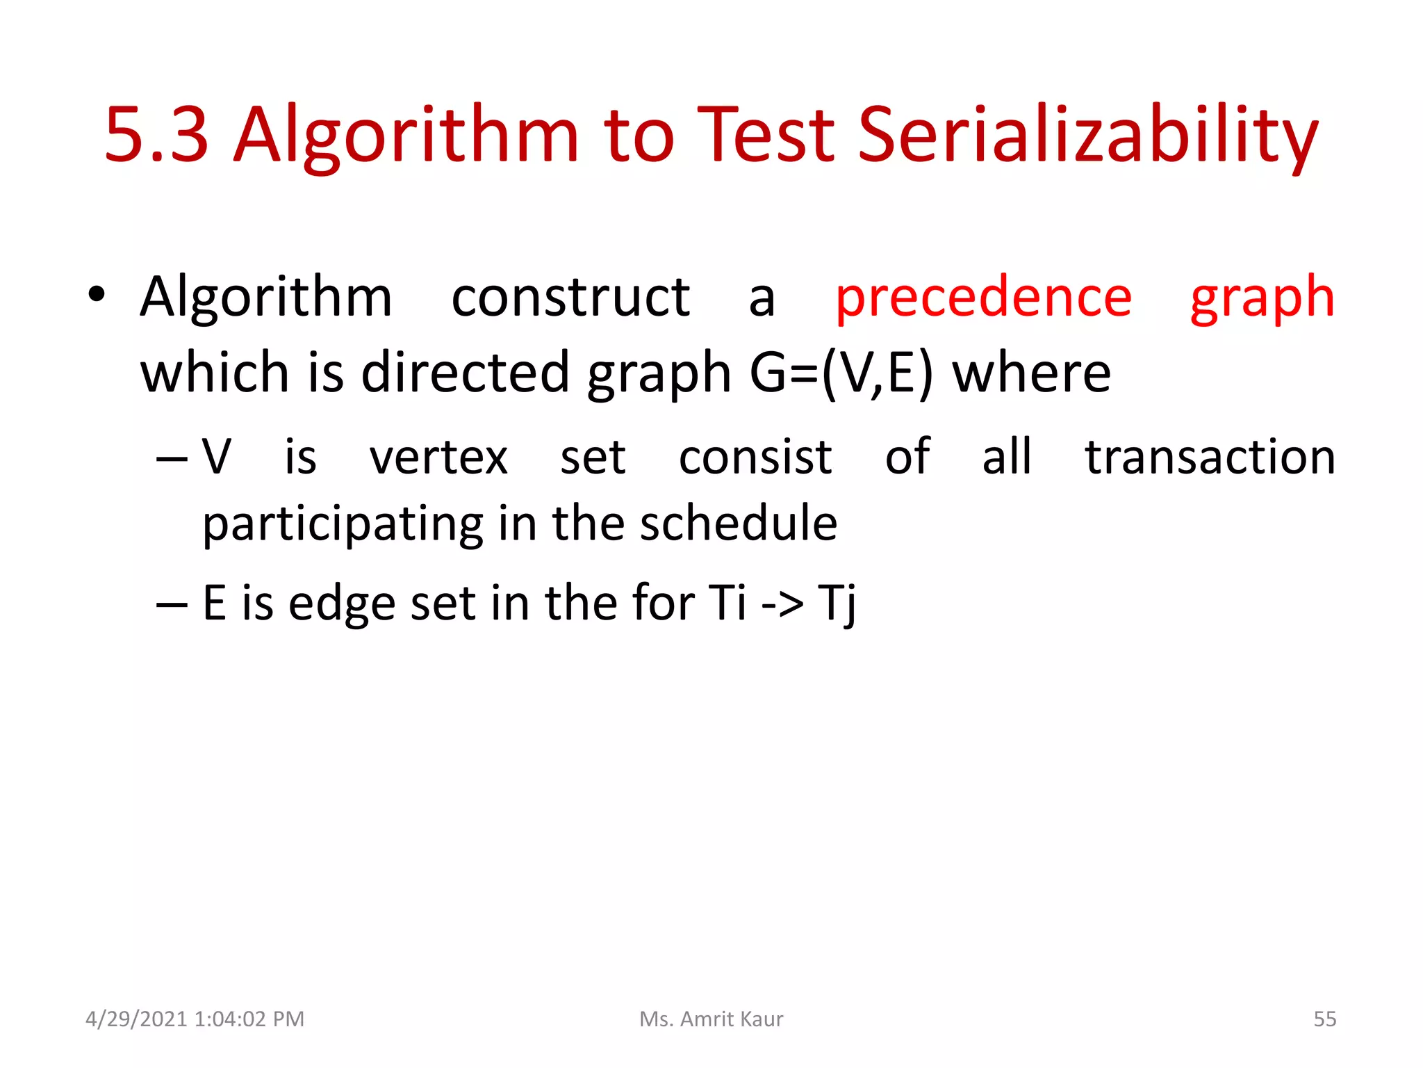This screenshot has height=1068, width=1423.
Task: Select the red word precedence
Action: click(983, 298)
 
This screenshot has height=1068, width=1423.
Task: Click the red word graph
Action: click(1262, 298)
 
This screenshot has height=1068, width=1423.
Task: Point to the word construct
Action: click(570, 298)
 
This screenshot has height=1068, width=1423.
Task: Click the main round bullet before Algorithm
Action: click(97, 295)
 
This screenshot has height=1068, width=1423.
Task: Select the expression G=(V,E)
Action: click(841, 373)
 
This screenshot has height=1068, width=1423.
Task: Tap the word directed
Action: click(465, 373)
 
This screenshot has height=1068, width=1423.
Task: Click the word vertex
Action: click(438, 458)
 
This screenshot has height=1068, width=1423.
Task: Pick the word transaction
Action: click(1210, 458)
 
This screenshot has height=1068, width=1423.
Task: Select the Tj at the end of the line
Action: click(837, 603)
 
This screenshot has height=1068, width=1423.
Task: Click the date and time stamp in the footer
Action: click(195, 1019)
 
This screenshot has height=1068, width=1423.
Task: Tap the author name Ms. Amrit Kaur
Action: click(711, 1019)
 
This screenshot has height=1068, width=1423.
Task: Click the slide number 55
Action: click(1324, 1019)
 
